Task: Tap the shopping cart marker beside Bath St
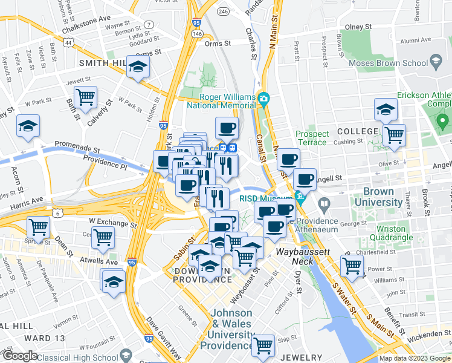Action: click(x=86, y=97)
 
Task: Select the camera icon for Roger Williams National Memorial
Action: click(x=263, y=98)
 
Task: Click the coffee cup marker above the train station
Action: click(x=227, y=128)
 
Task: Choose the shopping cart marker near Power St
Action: click(x=352, y=265)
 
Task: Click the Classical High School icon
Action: click(x=127, y=354)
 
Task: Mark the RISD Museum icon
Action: click(x=300, y=197)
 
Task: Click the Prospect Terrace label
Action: click(x=312, y=138)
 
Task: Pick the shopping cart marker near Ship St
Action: click(x=263, y=345)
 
